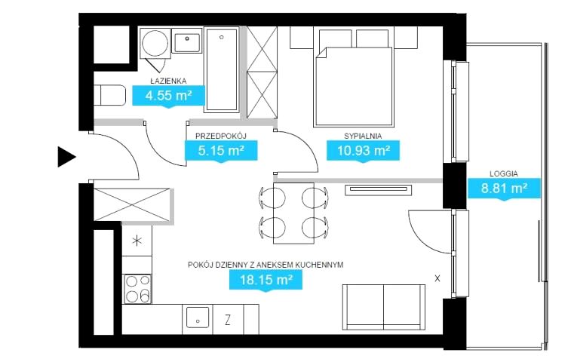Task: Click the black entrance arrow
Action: tap(66, 157)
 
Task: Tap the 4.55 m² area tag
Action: tap(169, 97)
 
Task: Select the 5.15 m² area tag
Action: tap(221, 151)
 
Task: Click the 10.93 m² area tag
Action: tap(363, 151)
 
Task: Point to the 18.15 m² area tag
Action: tap(266, 281)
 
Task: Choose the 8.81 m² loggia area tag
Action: tap(504, 189)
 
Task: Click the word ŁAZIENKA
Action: tap(169, 81)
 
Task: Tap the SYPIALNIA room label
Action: tap(363, 137)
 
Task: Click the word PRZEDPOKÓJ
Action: tap(221, 137)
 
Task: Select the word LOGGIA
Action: tap(504, 174)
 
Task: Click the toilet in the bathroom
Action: tap(109, 96)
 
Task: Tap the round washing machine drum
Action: tap(155, 43)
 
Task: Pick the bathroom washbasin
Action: tap(187, 41)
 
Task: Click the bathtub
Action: tap(222, 69)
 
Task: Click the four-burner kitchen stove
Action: tap(137, 289)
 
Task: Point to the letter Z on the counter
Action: tap(228, 320)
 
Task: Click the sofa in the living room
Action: tap(384, 307)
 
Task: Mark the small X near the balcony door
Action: tap(437, 278)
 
